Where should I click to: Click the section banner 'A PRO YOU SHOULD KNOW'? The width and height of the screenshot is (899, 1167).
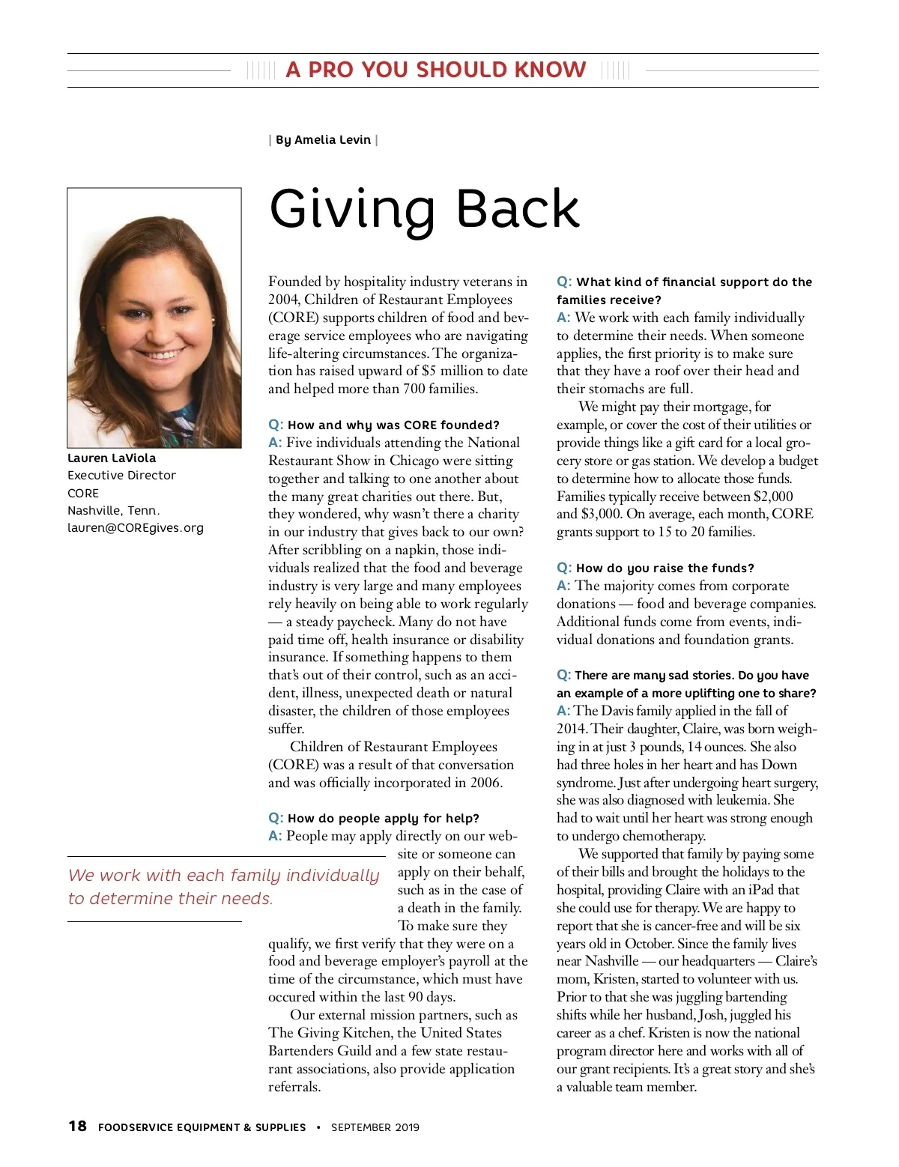(436, 70)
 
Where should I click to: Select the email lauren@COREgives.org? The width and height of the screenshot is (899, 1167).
(136, 528)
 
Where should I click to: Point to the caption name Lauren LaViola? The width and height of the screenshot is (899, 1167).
(112, 458)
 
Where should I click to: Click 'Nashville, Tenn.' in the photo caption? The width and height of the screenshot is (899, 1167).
(114, 510)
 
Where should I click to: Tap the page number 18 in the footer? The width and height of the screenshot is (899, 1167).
(77, 1126)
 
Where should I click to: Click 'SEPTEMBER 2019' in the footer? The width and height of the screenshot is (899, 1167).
(375, 1127)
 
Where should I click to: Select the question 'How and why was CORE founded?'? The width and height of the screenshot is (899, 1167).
(393, 425)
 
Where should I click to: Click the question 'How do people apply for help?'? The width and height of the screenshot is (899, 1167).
(383, 818)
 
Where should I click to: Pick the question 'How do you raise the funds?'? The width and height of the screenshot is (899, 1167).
(665, 568)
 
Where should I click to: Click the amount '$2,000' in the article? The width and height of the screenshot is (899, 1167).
(773, 496)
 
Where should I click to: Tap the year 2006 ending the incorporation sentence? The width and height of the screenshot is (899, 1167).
(485, 783)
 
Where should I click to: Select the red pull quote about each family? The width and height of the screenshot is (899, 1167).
(223, 887)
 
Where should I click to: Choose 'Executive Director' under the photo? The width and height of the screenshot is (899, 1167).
(121, 475)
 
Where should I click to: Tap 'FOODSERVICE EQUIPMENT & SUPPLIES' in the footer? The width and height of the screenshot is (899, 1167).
(202, 1127)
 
